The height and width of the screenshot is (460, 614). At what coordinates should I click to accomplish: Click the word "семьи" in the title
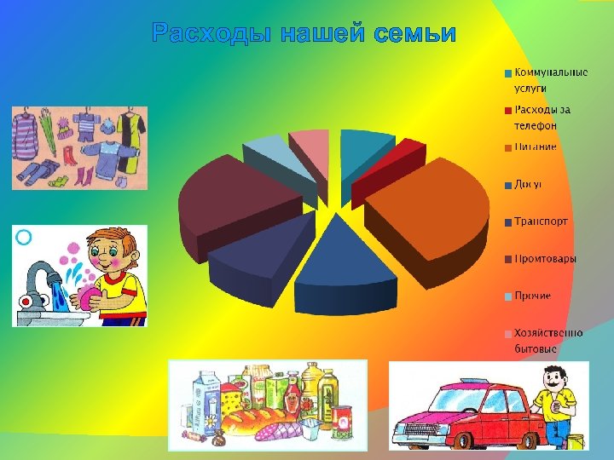coord(415,34)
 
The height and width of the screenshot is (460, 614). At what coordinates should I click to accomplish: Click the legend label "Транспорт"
coord(540,221)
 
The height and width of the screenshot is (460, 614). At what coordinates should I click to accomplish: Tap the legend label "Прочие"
coord(531,296)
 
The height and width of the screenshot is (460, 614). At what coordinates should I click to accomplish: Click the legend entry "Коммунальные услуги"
coord(549,80)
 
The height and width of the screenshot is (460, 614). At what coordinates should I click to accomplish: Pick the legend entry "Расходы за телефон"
coord(541,118)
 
